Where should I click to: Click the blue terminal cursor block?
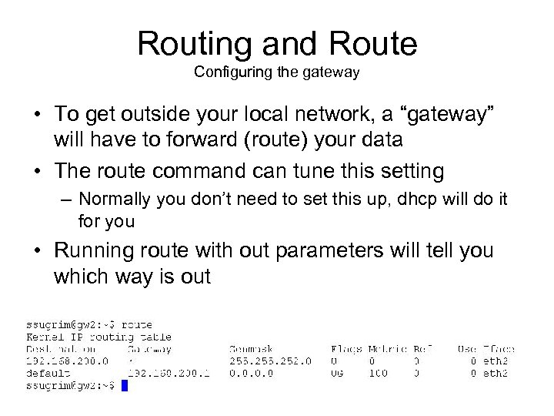click(x=125, y=384)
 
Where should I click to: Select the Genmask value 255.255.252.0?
click(x=270, y=361)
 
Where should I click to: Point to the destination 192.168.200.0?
click(x=65, y=361)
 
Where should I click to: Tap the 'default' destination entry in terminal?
click(x=48, y=373)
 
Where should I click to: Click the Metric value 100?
click(x=379, y=373)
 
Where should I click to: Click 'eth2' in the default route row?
click(x=496, y=373)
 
